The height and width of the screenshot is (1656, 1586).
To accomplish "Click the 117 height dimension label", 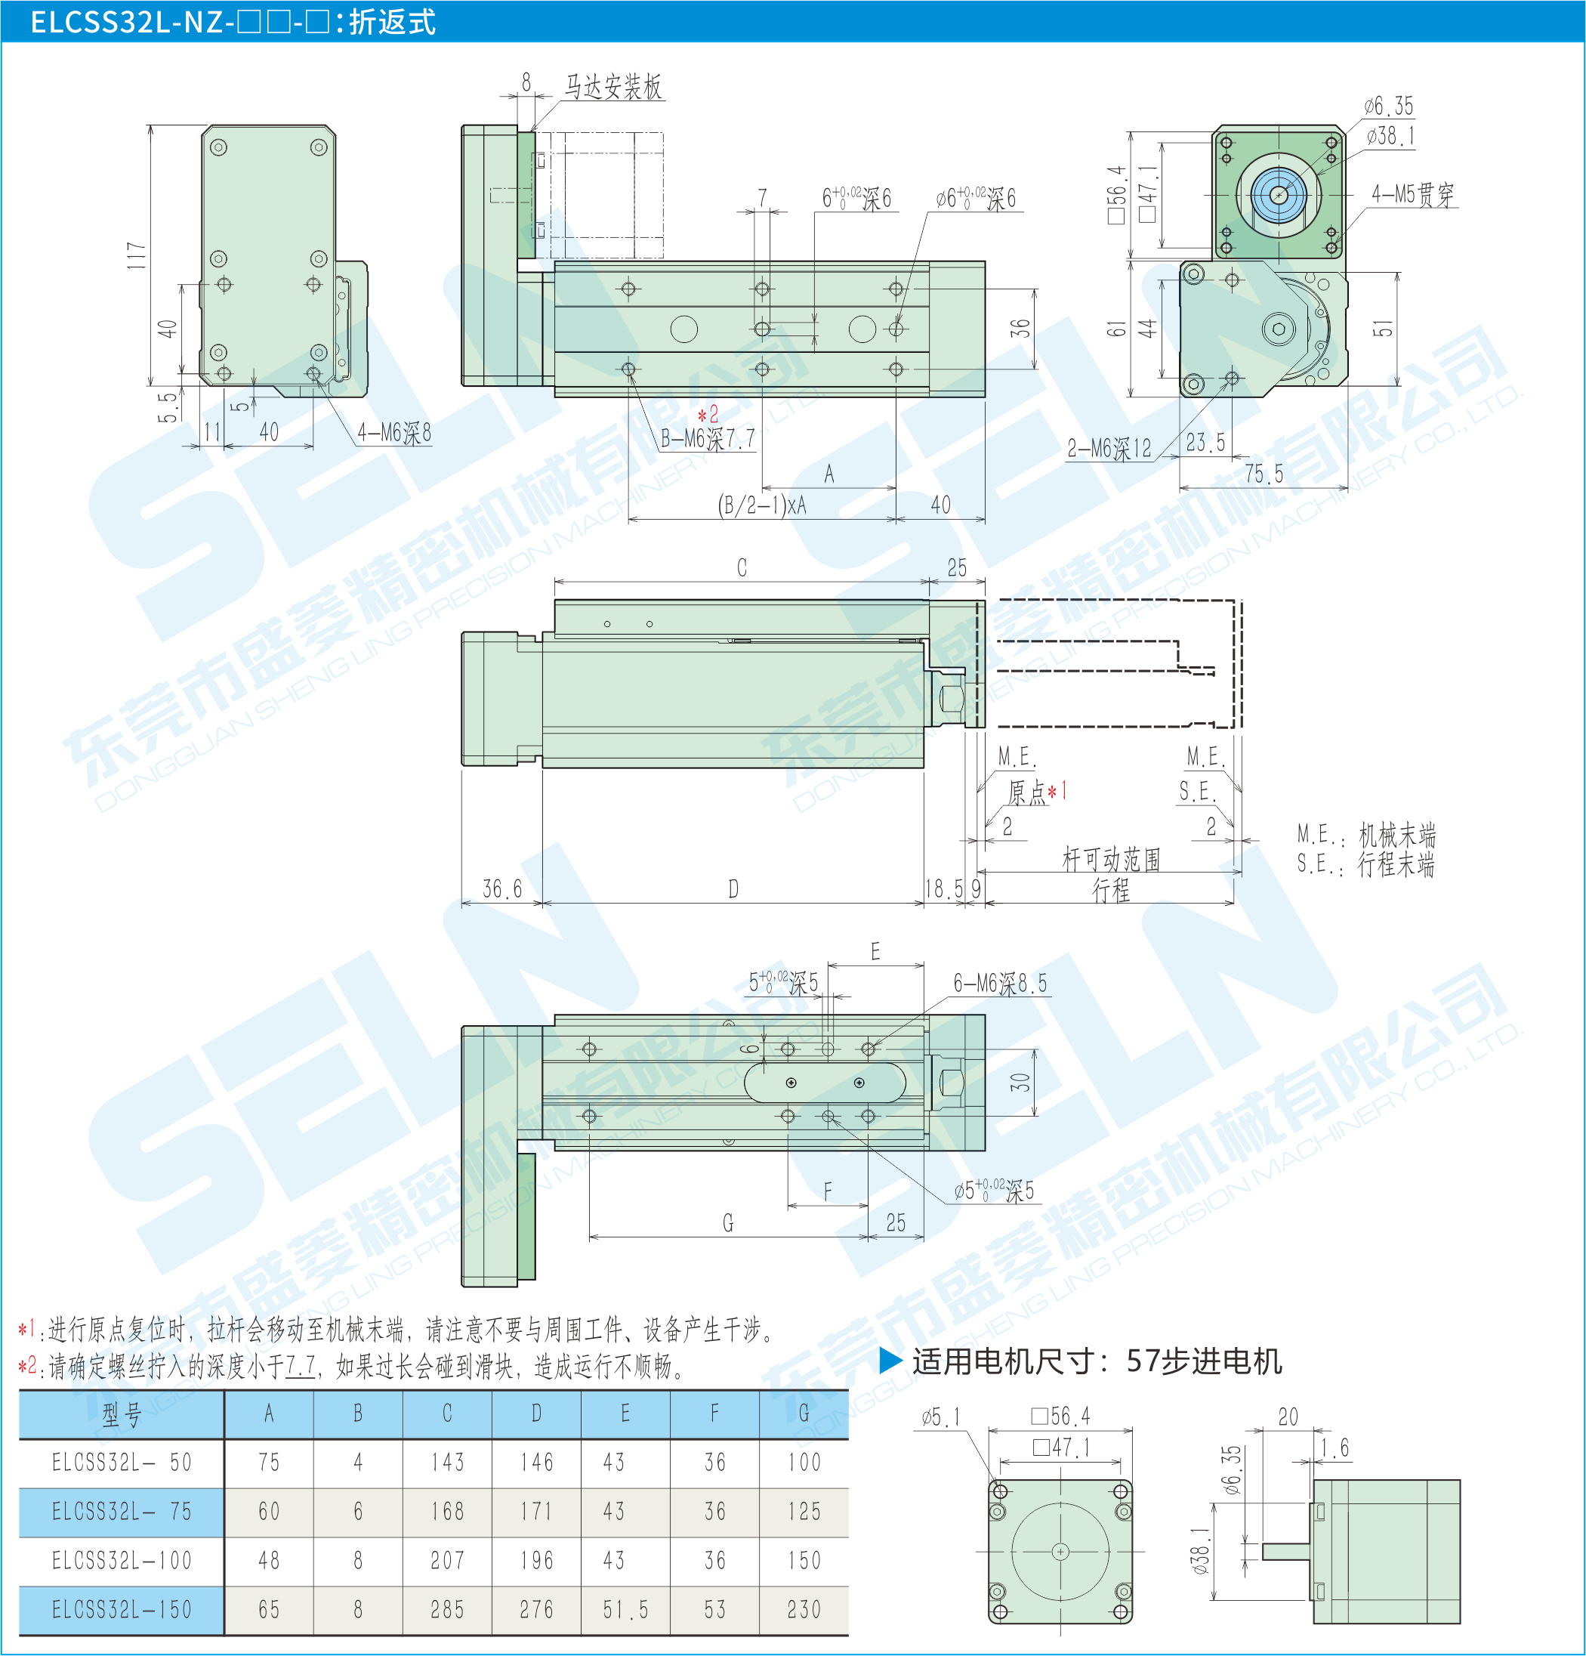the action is click(x=137, y=256).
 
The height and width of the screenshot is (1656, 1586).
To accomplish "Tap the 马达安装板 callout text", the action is click(x=613, y=87).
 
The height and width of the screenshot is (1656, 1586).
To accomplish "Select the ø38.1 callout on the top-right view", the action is click(x=1390, y=135).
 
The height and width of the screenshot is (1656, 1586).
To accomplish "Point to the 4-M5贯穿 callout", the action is click(x=1413, y=194).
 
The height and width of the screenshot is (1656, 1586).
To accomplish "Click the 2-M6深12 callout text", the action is click(x=1109, y=448).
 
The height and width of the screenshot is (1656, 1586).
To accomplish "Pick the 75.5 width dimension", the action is click(x=1264, y=474).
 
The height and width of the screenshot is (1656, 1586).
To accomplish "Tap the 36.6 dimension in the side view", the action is click(x=501, y=889).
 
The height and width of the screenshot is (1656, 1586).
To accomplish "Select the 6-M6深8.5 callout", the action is click(x=1000, y=983).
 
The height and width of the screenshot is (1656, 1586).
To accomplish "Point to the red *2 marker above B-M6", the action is click(x=708, y=414).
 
